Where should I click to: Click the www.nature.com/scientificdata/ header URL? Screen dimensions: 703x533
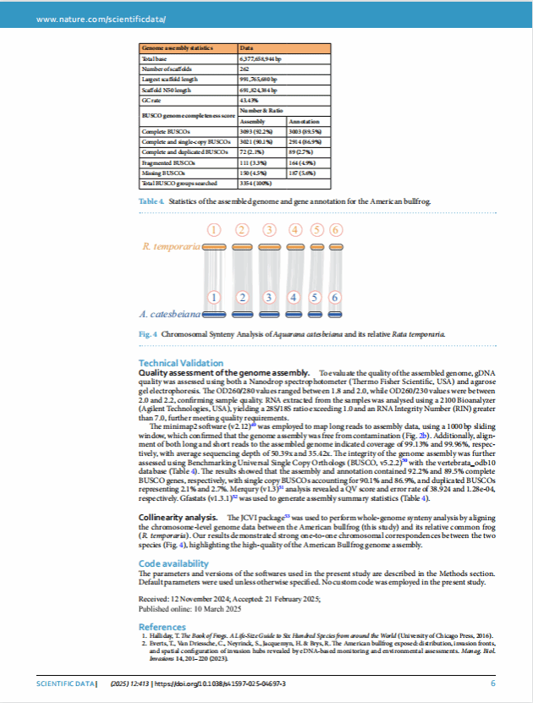[90, 18]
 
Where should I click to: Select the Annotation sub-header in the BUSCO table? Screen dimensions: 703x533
[305, 122]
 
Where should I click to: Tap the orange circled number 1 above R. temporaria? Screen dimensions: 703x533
[215, 230]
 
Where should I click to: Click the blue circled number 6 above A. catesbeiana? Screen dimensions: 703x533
[334, 297]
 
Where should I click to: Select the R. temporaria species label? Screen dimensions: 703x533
[170, 247]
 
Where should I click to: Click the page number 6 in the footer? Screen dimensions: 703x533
[493, 683]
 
